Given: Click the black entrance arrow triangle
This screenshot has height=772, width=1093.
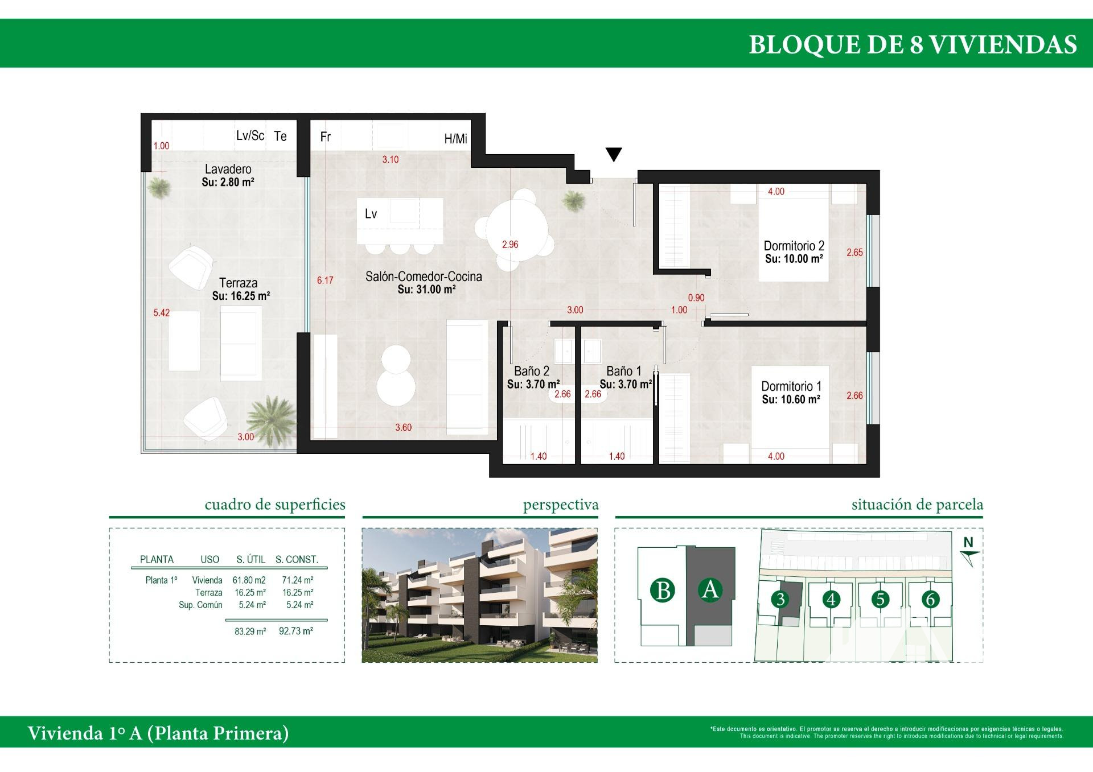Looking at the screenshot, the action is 614,154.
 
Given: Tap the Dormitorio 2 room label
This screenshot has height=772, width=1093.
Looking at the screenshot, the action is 794,246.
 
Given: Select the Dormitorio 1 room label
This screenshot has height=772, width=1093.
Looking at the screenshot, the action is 791,386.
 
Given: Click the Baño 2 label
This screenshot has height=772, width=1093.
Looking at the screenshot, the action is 532,371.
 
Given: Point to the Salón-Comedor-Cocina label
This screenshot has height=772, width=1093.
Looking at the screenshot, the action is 424,276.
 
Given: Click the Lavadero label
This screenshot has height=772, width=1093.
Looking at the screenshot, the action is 228,169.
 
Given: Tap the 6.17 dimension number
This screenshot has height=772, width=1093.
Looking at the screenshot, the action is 325,280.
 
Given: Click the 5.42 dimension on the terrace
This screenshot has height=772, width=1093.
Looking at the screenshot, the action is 162,312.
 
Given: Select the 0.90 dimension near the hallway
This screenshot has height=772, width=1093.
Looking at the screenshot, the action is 696,298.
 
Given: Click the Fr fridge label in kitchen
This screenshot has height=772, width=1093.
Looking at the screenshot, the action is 326,137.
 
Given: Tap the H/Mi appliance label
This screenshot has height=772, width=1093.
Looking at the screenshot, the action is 455,139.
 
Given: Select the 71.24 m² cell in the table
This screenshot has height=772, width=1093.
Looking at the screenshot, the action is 298,580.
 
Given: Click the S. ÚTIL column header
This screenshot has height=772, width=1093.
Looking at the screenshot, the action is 251,559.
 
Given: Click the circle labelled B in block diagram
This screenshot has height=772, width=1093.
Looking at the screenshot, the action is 662,590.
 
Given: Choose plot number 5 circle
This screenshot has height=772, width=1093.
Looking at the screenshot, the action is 880,598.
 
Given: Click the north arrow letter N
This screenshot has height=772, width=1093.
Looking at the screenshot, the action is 968,543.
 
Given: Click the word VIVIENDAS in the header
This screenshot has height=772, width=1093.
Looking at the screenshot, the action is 1003,44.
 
